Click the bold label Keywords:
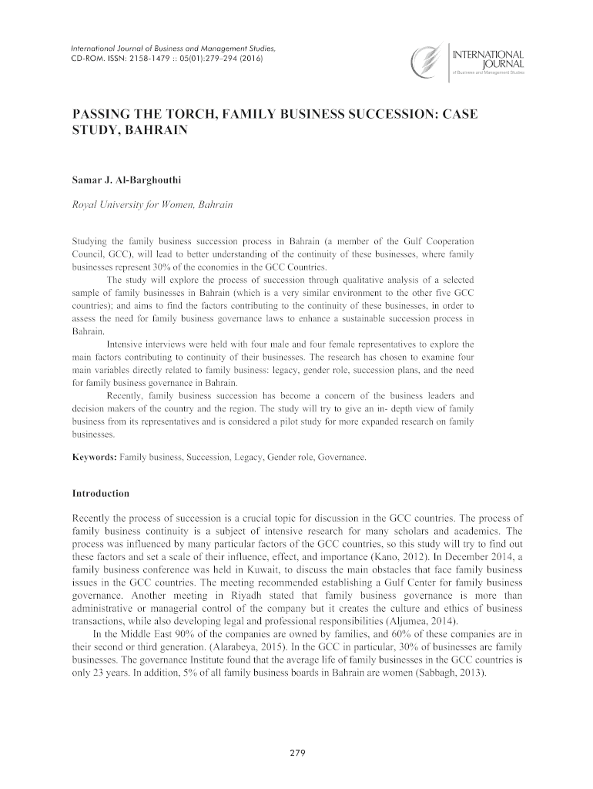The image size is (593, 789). [x=94, y=458]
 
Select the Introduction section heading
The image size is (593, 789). [x=100, y=492]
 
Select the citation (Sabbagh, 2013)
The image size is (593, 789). [x=450, y=673]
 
